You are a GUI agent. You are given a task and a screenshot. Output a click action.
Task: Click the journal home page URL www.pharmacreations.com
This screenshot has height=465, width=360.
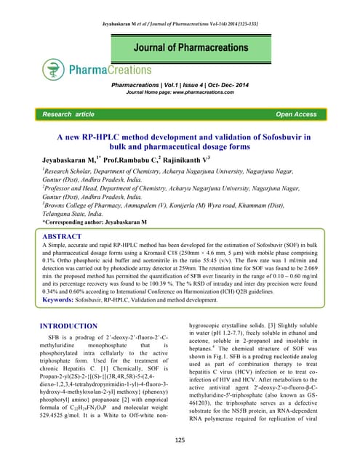click(207, 94)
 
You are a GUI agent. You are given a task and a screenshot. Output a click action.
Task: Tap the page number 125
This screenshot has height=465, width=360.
click(180, 440)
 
